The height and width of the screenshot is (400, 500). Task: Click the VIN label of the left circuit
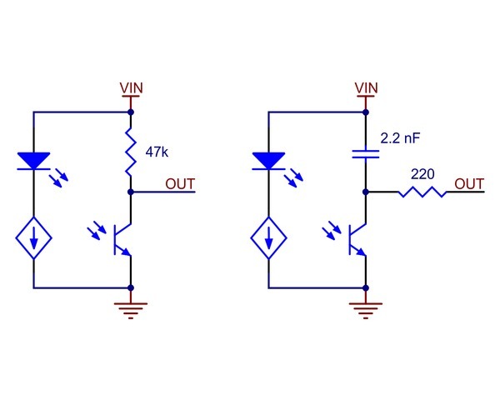coord(132,87)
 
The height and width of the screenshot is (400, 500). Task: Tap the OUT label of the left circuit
coord(181,183)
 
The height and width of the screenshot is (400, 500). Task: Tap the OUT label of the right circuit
coord(469,183)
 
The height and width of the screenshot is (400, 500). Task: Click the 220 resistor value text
coord(422,175)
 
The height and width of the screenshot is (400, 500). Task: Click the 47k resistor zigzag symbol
coord(132,152)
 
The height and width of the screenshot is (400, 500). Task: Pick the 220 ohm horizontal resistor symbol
coord(422,192)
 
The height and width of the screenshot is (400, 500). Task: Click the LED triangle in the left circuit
coord(34,161)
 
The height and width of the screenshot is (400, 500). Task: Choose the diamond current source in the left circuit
coord(34,240)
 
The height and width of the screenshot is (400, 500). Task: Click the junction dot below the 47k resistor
coord(132,192)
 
